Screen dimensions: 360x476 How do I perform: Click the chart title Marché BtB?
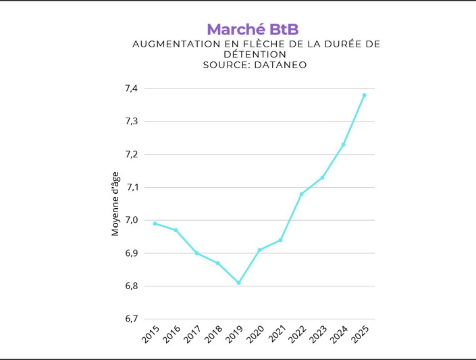[252, 29]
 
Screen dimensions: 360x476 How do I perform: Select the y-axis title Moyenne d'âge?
[115, 204]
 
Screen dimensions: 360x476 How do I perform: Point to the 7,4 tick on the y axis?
[131, 88]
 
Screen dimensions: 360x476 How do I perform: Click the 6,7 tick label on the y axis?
[131, 319]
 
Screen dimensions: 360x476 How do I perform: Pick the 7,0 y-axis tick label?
[131, 220]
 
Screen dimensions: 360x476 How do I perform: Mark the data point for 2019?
[238, 282]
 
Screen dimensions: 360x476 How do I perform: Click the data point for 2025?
[365, 95]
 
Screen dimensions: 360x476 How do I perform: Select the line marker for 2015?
[155, 224]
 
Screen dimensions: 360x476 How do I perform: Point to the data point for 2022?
[301, 194]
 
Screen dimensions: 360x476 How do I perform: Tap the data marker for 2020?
[259, 250]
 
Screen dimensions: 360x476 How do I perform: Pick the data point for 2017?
[196, 253]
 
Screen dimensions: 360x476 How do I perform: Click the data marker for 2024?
[343, 145]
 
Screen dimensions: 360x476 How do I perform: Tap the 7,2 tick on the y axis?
[131, 154]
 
